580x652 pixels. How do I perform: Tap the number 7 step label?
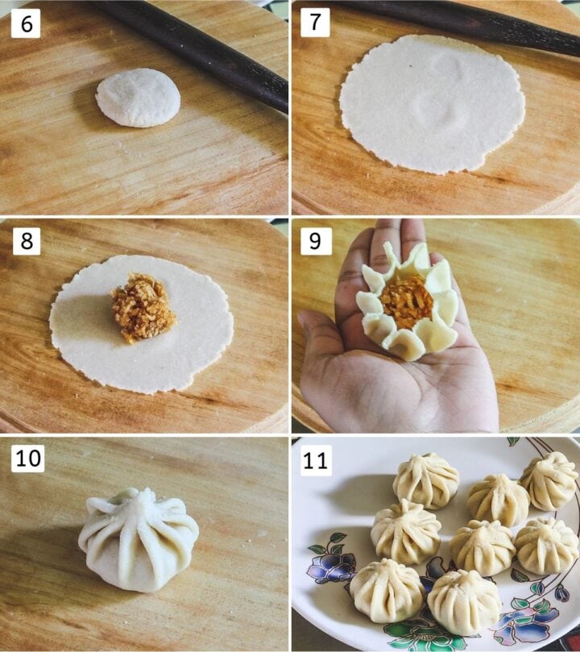coord(315,23)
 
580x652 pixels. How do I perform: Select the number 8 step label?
coord(26,240)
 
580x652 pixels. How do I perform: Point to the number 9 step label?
coord(315,240)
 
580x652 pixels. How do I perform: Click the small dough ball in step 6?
coord(138,98)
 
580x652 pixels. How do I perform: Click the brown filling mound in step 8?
coord(143,307)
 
